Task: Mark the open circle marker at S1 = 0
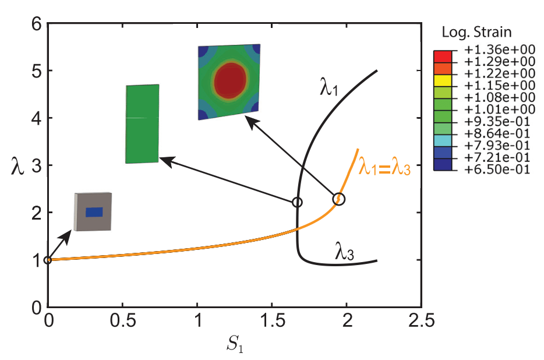pyautogui.click(x=48, y=260)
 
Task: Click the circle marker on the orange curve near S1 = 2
pyautogui.click(x=338, y=199)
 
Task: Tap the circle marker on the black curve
pyautogui.click(x=297, y=202)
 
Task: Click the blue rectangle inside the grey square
pyautogui.click(x=94, y=212)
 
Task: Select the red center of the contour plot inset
pyautogui.click(x=230, y=80)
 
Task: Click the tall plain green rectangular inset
pyautogui.click(x=142, y=123)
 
